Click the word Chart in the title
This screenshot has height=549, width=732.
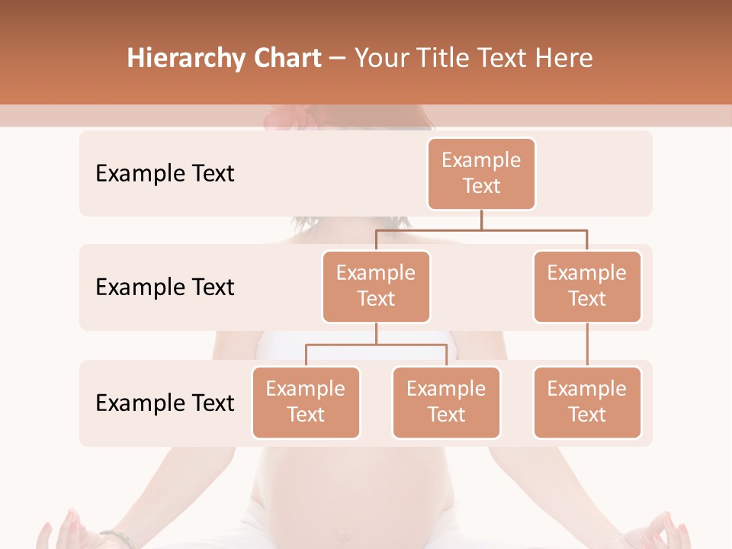point(285,59)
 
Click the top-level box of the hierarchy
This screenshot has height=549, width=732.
point(481,174)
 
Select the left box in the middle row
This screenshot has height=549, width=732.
point(376,287)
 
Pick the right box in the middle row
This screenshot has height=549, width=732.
point(587,287)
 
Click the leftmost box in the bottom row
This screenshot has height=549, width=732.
point(306,403)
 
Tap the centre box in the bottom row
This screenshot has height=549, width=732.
point(446,403)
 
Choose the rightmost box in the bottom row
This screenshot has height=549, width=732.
point(587,403)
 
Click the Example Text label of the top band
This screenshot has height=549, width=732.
point(165,174)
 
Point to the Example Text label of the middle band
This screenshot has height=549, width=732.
point(165,287)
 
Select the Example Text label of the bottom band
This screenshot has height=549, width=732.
point(165,403)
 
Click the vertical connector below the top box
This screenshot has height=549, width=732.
point(481,220)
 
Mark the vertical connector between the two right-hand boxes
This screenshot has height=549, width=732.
point(587,345)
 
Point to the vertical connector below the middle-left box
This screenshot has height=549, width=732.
point(376,333)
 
